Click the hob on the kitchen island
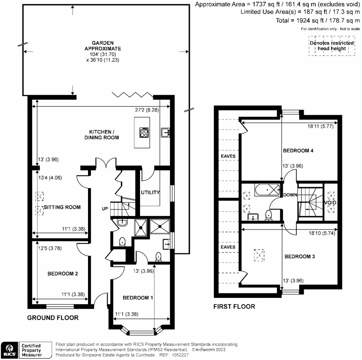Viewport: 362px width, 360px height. pyautogui.click(x=145, y=133)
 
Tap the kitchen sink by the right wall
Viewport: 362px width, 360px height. pyautogui.click(x=165, y=132)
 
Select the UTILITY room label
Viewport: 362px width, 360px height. pyautogui.click(x=150, y=193)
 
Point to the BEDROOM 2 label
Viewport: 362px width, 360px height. pyautogui.click(x=63, y=273)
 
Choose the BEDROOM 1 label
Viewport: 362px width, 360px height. pyautogui.click(x=138, y=298)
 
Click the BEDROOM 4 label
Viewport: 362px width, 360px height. pyautogui.click(x=298, y=151)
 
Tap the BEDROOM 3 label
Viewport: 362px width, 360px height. pyautogui.click(x=300, y=256)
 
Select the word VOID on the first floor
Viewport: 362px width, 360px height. pyautogui.click(x=331, y=202)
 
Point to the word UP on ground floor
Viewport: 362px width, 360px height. pyautogui.click(x=105, y=209)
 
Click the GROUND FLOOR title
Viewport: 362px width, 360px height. pyautogui.click(x=53, y=318)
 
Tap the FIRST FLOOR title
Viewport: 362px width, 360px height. pyautogui.click(x=234, y=307)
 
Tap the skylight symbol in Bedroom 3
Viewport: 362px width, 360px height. pyautogui.click(x=259, y=255)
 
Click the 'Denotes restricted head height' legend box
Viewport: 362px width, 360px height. pyautogui.click(x=332, y=46)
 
